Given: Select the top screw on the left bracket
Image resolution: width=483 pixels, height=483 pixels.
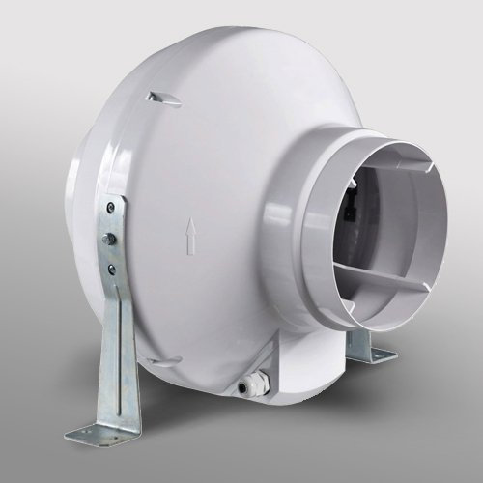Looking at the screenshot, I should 114,207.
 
